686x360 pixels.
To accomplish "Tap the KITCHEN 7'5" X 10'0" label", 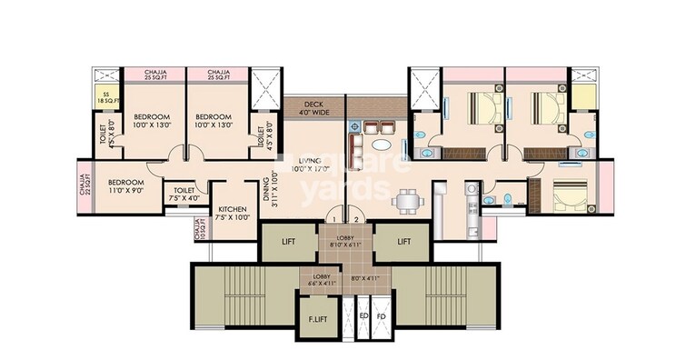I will point(234,214).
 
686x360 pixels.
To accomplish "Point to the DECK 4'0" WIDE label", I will point(313,108).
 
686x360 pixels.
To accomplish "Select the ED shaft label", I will point(363,317).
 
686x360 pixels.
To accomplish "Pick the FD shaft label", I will point(381,317).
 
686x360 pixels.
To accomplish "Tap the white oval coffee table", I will point(384,143).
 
